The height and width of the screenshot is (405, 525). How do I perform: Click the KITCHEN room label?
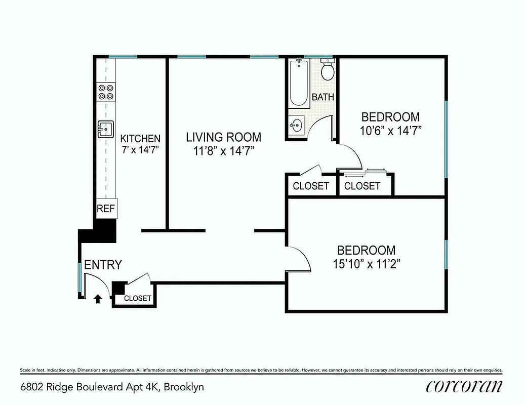(x=140, y=138)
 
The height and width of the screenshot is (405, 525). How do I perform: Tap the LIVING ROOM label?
(x=223, y=137)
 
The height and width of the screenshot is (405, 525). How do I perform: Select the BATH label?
(x=322, y=97)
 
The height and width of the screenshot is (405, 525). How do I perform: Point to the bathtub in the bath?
(x=299, y=83)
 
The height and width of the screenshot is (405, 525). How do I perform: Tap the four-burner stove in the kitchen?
(x=106, y=92)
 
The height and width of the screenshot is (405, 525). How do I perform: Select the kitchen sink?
(x=105, y=130)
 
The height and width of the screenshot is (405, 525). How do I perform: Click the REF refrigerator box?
(x=106, y=208)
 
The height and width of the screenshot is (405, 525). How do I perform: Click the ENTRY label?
(x=103, y=265)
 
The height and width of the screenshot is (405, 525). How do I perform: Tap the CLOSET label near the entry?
(x=137, y=298)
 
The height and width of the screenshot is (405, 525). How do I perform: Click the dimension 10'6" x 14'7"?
(x=390, y=130)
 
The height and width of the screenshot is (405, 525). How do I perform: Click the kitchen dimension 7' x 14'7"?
(x=140, y=150)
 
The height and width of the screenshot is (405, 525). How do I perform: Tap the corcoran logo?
(x=464, y=386)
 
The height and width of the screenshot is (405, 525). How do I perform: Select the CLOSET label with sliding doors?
(x=362, y=186)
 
